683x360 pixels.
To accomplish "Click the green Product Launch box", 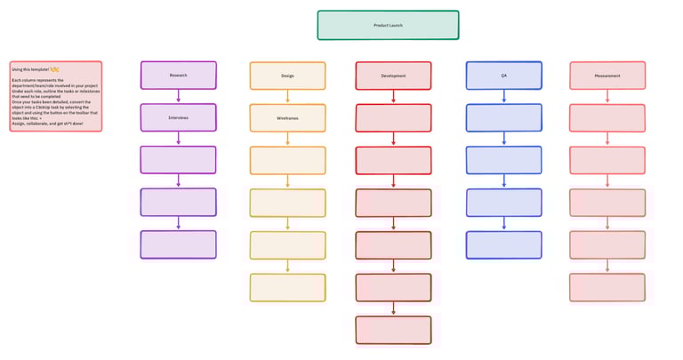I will click(x=388, y=25).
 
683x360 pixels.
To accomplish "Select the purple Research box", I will click(x=178, y=76).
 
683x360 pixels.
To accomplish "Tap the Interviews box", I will click(x=178, y=117).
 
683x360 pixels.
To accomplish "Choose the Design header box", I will click(x=287, y=76).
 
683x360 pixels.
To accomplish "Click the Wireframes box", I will click(x=287, y=117).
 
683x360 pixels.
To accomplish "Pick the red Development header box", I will click(x=393, y=76).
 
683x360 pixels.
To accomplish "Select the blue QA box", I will click(x=503, y=76).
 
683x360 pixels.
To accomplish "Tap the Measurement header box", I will click(x=607, y=76).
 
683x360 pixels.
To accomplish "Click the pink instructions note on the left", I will click(x=56, y=96).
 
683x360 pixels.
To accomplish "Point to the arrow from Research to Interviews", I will click(x=179, y=96).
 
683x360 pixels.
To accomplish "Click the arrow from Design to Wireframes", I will click(x=287, y=96).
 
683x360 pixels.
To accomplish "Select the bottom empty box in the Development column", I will click(x=393, y=330).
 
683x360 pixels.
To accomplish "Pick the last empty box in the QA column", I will click(x=503, y=244).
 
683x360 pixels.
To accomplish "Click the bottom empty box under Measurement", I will click(x=607, y=287).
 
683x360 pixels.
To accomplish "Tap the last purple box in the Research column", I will click(x=178, y=244).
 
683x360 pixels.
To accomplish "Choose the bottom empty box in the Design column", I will click(x=287, y=287).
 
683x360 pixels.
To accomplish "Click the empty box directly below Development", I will click(x=393, y=117).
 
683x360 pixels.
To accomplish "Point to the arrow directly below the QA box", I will click(x=503, y=96).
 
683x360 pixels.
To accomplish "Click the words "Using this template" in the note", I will click(x=29, y=68).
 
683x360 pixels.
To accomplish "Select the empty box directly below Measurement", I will click(x=607, y=117).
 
